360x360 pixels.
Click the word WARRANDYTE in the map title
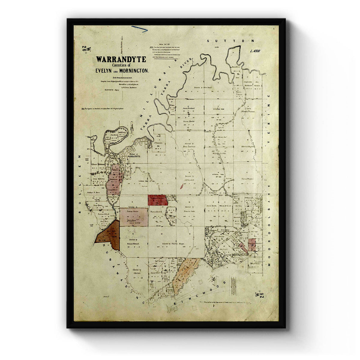[121, 59]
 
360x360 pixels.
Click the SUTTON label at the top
[231, 40]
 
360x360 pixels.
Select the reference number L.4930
[254, 51]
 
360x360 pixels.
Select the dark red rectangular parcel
[157, 200]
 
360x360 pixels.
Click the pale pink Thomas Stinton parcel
[134, 217]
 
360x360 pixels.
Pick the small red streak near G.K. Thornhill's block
[181, 186]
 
